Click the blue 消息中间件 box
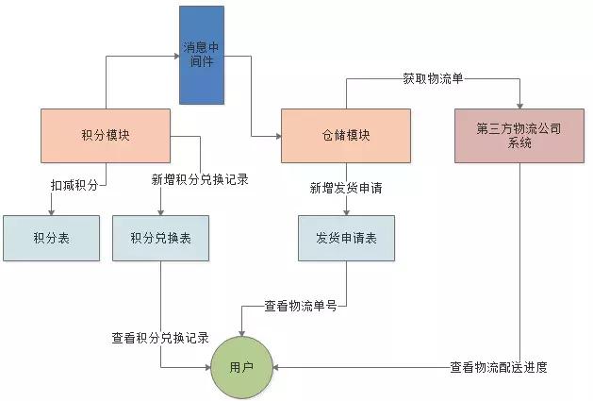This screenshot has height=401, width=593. tap(203, 55)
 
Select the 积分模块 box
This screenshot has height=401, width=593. tap(106, 135)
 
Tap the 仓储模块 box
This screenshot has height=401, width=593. tap(346, 135)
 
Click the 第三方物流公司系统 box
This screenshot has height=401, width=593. tap(519, 135)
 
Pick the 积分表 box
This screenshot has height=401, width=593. tap(51, 239)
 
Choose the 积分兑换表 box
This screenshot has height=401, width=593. tap(160, 239)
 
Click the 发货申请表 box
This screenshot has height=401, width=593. tap(346, 239)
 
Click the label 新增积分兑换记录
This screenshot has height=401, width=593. tap(200, 179)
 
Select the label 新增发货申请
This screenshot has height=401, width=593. tap(346, 188)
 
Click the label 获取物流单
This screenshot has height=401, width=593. tap(432, 79)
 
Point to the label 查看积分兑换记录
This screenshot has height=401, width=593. tap(160, 338)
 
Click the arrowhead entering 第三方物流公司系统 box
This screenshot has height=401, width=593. tap(519, 106)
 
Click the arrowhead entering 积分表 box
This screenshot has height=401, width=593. tap(52, 212)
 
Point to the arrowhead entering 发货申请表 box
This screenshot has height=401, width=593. tap(346, 212)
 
